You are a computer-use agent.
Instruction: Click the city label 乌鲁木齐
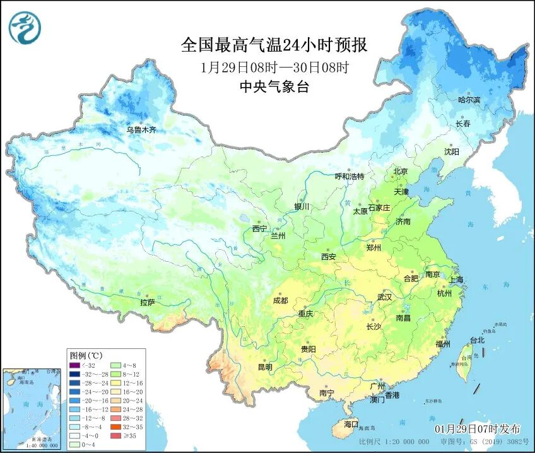pyautogui.click(x=141, y=130)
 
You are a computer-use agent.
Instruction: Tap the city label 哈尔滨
pyautogui.click(x=469, y=100)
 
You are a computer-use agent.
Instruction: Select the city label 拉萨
pyautogui.click(x=147, y=303)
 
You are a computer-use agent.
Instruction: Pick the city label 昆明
pyautogui.click(x=264, y=367)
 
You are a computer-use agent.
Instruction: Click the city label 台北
pyautogui.click(x=477, y=340)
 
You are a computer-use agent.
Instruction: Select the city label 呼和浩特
pyautogui.click(x=349, y=177)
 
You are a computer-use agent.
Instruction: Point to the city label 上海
pyautogui.click(x=456, y=279)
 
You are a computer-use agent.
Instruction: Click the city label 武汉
pyautogui.click(x=384, y=297)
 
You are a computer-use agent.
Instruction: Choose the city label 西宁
pyautogui.click(x=259, y=228)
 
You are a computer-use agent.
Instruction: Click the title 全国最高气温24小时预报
pyautogui.click(x=274, y=45)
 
